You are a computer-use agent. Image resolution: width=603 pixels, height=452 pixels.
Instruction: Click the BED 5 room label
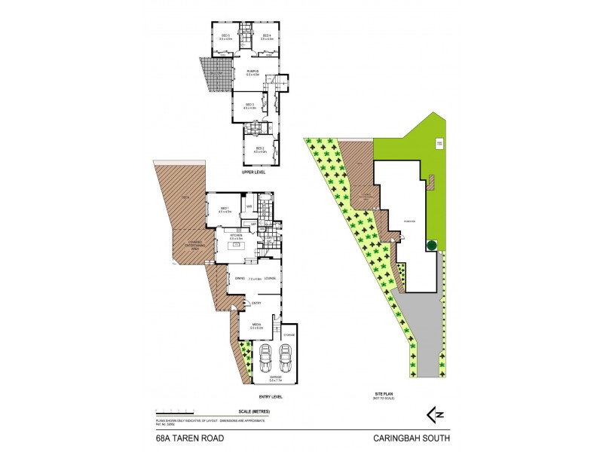click(x=225, y=35)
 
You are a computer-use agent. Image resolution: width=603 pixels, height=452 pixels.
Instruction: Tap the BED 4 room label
click(x=266, y=35)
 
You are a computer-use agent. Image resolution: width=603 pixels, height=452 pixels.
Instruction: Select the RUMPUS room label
click(x=253, y=71)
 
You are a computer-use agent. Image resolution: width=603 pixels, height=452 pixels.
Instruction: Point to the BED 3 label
click(x=250, y=104)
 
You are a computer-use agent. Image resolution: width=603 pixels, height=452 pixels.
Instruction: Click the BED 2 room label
click(x=261, y=148)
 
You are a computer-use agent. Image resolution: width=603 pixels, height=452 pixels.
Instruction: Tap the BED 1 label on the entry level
click(x=224, y=209)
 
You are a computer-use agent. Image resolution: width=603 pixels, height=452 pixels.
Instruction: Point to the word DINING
click(x=239, y=278)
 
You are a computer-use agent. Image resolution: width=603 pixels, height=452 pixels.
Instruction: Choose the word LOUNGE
click(x=269, y=278)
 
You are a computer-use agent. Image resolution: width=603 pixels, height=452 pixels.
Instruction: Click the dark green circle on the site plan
click(x=432, y=245)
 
